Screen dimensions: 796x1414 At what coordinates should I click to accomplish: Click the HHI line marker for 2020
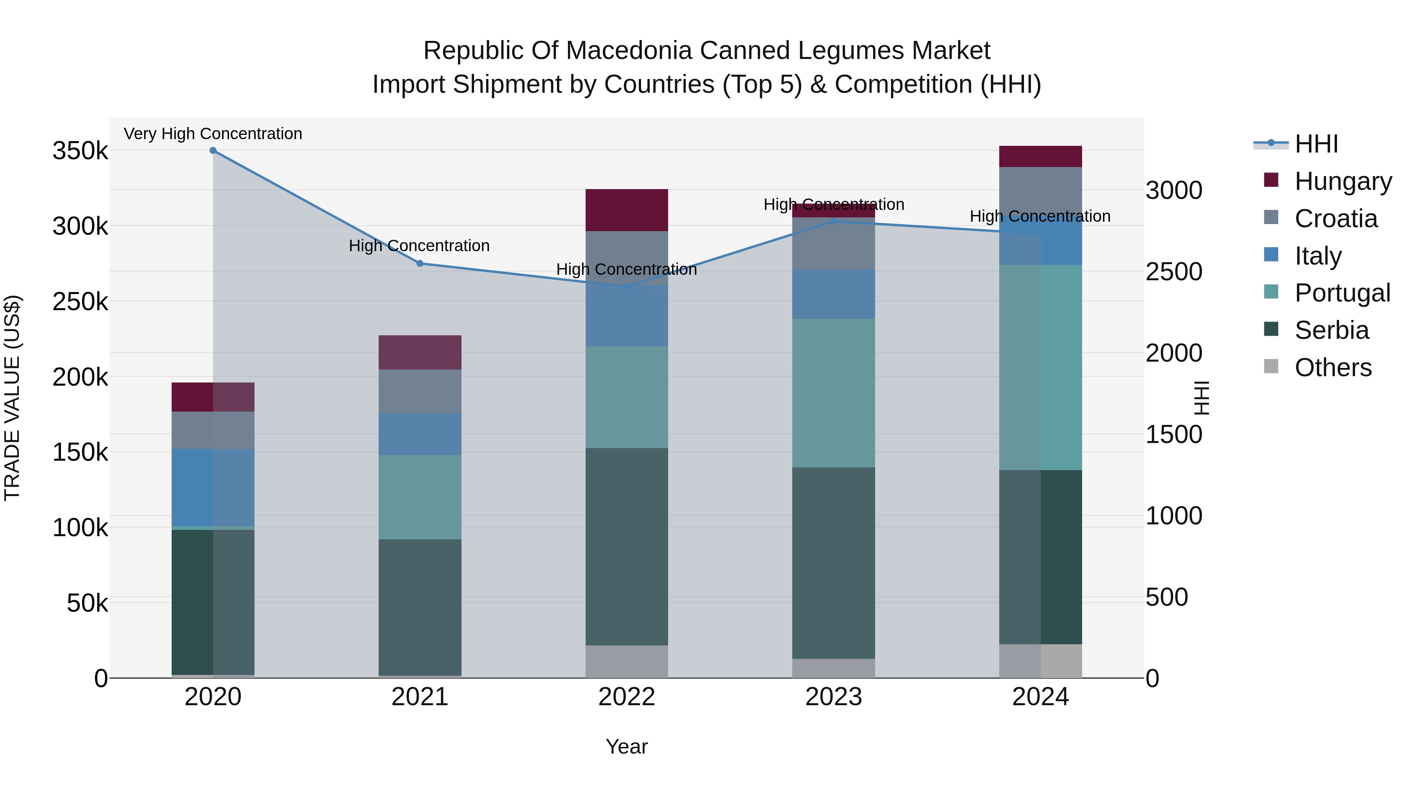pos(213,151)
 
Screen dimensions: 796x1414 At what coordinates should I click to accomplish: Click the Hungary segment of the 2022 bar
pos(627,210)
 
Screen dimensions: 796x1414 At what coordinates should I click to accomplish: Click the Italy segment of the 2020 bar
pos(213,488)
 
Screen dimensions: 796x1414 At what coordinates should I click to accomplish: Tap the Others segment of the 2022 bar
pos(627,662)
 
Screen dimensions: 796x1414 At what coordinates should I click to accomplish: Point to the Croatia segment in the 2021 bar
pos(420,392)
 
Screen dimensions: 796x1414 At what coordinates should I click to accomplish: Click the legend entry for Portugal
pos(1342,293)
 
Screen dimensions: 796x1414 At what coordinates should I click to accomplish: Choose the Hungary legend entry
pos(1343,181)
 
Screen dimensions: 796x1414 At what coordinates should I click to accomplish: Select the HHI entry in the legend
pos(1316,144)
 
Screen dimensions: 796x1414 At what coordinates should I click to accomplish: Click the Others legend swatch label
pos(1333,368)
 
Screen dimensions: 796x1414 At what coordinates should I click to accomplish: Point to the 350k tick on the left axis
pos(80,151)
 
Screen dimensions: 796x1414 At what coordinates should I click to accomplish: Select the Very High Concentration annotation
pos(213,134)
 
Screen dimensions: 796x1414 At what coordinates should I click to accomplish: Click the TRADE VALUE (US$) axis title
pos(12,398)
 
